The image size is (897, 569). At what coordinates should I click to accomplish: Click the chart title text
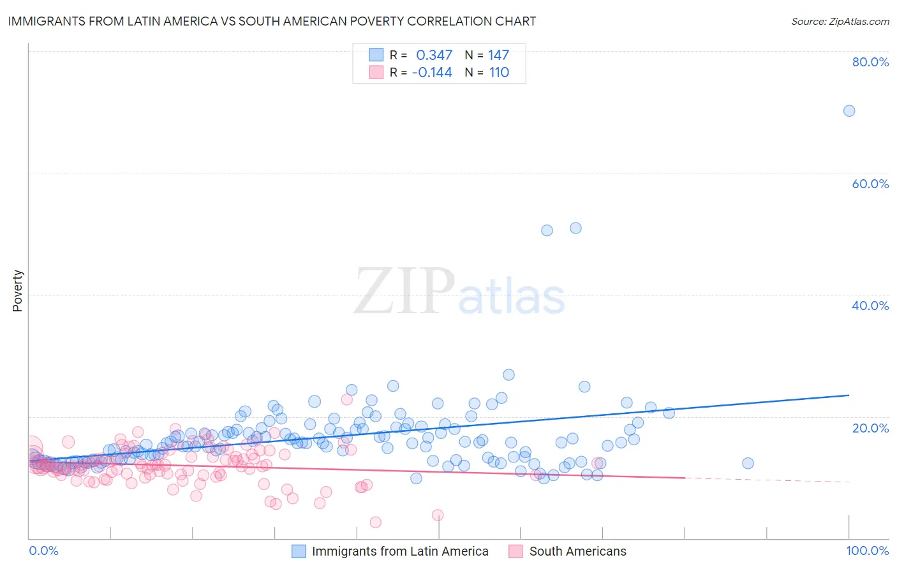272,21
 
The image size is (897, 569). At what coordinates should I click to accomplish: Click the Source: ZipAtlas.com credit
840,21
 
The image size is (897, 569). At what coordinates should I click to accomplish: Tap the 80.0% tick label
870,62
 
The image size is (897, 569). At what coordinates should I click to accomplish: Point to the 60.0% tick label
870,184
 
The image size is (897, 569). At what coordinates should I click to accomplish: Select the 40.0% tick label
870,306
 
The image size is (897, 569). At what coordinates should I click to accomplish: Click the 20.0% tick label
870,427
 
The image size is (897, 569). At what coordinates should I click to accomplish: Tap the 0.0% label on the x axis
43,551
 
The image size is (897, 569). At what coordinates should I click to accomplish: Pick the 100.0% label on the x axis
867,551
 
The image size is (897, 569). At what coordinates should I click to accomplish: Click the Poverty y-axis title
17,291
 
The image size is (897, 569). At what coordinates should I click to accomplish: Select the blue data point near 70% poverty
849,111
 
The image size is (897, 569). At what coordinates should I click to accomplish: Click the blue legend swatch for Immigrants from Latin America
299,551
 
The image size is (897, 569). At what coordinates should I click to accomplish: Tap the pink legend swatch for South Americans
515,551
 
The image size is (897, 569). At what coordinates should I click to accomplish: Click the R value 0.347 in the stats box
434,55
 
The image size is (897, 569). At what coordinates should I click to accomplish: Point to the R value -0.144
432,73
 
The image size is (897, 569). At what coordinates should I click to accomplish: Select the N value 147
498,55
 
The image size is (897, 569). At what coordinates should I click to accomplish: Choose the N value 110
499,73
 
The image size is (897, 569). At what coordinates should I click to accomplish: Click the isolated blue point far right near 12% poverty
748,463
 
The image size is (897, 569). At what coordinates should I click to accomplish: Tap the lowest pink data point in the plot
375,522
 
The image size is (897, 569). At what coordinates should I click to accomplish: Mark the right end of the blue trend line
849,395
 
